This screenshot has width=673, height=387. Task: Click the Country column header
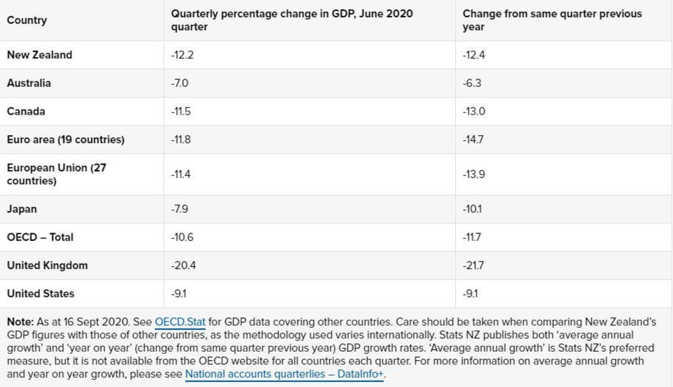[x=27, y=21]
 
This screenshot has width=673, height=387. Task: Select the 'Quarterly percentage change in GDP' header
[x=292, y=21]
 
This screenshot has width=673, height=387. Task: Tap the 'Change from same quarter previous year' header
[x=551, y=21]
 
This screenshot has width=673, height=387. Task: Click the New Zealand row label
[x=40, y=55]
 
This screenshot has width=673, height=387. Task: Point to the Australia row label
[x=29, y=83]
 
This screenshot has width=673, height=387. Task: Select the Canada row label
[x=26, y=111]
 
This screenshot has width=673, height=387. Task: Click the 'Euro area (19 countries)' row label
[x=65, y=140]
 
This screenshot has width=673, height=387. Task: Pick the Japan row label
[x=22, y=209]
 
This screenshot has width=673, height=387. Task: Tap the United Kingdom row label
[x=47, y=265]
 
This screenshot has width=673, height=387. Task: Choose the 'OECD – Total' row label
[x=40, y=237]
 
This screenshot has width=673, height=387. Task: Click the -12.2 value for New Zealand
[x=182, y=55]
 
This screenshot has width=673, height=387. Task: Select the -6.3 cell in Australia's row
[x=472, y=83]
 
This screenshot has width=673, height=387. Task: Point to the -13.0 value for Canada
[x=474, y=111]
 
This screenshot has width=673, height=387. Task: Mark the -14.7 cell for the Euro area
[x=473, y=140]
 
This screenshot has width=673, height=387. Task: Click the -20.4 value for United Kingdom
[x=183, y=265]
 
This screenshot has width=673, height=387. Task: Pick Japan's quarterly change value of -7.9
[x=179, y=209]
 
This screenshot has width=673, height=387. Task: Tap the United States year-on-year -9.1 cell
[x=470, y=293]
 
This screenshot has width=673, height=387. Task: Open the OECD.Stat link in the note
[x=180, y=322]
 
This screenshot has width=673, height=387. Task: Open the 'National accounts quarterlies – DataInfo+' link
[x=284, y=374]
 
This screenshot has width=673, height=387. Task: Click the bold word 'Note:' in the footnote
[x=20, y=322]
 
